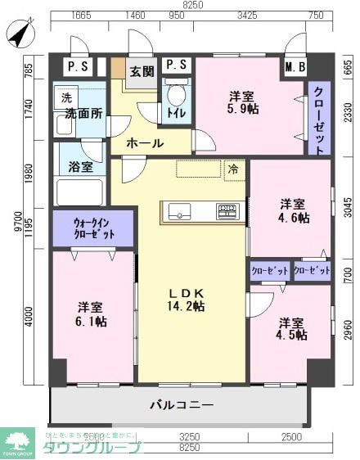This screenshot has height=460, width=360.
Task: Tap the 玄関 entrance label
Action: (142, 71)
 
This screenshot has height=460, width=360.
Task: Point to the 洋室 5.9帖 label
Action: (245, 101)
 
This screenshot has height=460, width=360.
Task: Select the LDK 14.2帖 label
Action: (187, 300)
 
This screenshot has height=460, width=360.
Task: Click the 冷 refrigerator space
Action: (234, 170)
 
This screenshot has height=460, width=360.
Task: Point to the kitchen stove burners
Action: (227, 211)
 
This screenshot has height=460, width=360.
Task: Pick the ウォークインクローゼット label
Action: (92, 228)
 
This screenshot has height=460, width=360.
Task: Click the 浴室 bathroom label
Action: (80, 167)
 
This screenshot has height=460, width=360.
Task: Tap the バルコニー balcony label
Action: (182, 404)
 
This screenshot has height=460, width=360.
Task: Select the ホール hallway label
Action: (145, 143)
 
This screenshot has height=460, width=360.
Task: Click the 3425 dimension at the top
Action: (245, 16)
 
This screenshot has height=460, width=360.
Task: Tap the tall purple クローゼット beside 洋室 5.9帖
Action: (318, 120)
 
